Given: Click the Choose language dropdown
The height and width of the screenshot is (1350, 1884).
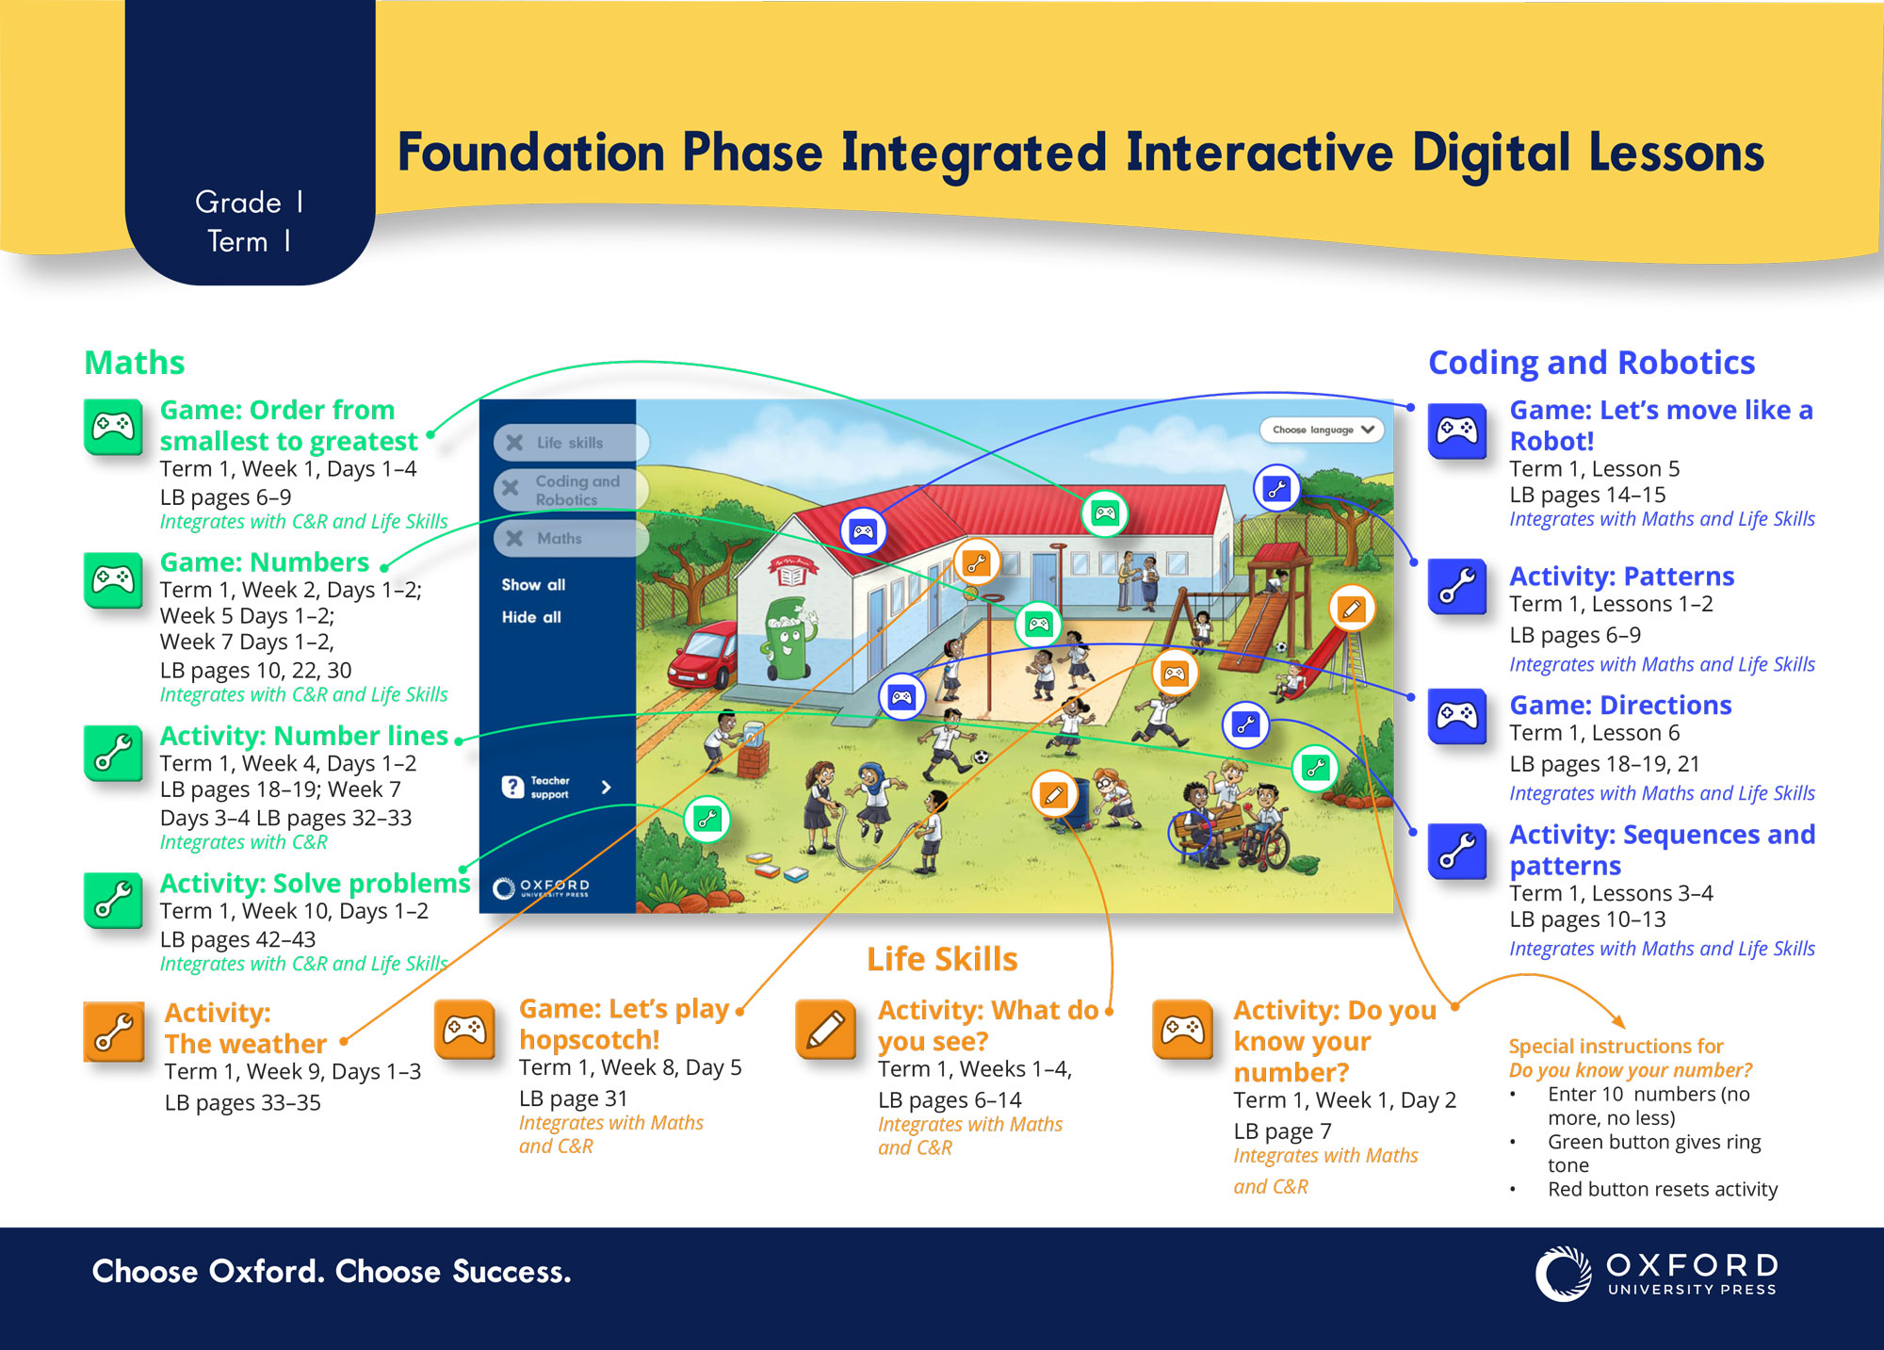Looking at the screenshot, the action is [x=1322, y=430].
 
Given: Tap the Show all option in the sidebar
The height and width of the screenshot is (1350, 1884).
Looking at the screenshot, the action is [x=533, y=585].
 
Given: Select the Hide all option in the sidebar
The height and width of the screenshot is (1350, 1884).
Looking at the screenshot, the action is [x=531, y=617].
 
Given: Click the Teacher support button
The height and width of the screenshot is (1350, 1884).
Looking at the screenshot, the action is [x=557, y=788].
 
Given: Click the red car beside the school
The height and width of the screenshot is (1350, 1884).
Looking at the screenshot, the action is [x=702, y=655].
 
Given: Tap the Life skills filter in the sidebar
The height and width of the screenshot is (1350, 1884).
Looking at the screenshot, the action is [x=571, y=443].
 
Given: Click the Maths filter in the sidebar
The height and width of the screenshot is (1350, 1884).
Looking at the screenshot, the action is [x=571, y=538].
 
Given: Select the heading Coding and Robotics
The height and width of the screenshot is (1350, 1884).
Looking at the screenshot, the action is [x=1591, y=363].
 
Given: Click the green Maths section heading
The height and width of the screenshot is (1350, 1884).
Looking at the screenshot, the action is [x=135, y=363].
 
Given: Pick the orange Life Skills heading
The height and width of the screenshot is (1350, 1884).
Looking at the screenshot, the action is [x=942, y=959].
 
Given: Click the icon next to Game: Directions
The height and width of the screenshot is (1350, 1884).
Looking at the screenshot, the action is [x=1457, y=717].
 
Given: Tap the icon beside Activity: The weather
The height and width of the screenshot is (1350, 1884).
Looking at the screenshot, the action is [x=114, y=1032].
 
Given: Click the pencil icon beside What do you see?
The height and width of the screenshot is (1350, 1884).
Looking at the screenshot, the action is [x=825, y=1030].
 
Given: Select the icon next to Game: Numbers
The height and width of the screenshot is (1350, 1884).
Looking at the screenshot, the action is [x=113, y=579].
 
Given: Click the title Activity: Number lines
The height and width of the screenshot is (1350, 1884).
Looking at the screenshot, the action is [x=303, y=736].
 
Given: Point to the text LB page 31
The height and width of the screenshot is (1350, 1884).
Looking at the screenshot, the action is [x=573, y=1098].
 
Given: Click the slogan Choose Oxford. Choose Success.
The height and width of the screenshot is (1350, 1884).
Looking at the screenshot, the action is [x=332, y=1272].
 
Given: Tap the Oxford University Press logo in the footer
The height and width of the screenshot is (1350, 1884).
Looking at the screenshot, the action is [x=1656, y=1275].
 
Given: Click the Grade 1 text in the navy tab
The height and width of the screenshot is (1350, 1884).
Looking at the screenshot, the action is [x=249, y=203].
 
